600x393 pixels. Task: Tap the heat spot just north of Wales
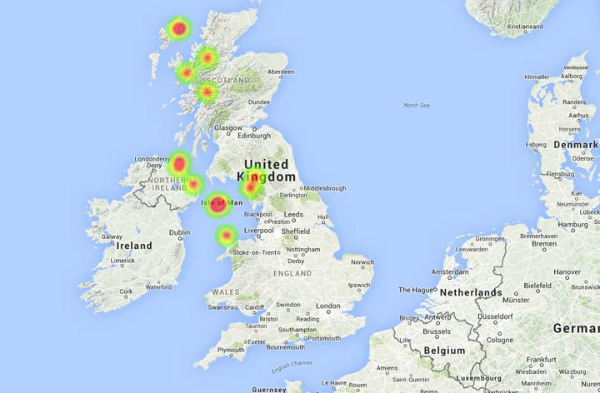(x=226, y=236)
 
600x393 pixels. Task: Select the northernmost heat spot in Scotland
(x=178, y=29)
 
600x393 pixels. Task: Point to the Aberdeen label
(x=279, y=72)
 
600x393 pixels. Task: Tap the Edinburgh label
(x=254, y=136)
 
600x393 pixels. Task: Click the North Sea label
(x=416, y=105)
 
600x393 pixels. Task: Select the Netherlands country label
(x=471, y=292)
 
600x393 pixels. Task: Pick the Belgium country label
(x=444, y=351)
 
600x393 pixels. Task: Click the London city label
(x=327, y=306)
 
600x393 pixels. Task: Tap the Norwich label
(x=362, y=262)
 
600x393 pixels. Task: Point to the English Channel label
(x=291, y=365)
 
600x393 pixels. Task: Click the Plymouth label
(x=231, y=351)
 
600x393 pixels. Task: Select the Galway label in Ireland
(x=112, y=236)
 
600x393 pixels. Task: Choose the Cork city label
(x=126, y=291)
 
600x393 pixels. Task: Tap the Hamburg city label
(x=572, y=225)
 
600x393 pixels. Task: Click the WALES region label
(x=226, y=292)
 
